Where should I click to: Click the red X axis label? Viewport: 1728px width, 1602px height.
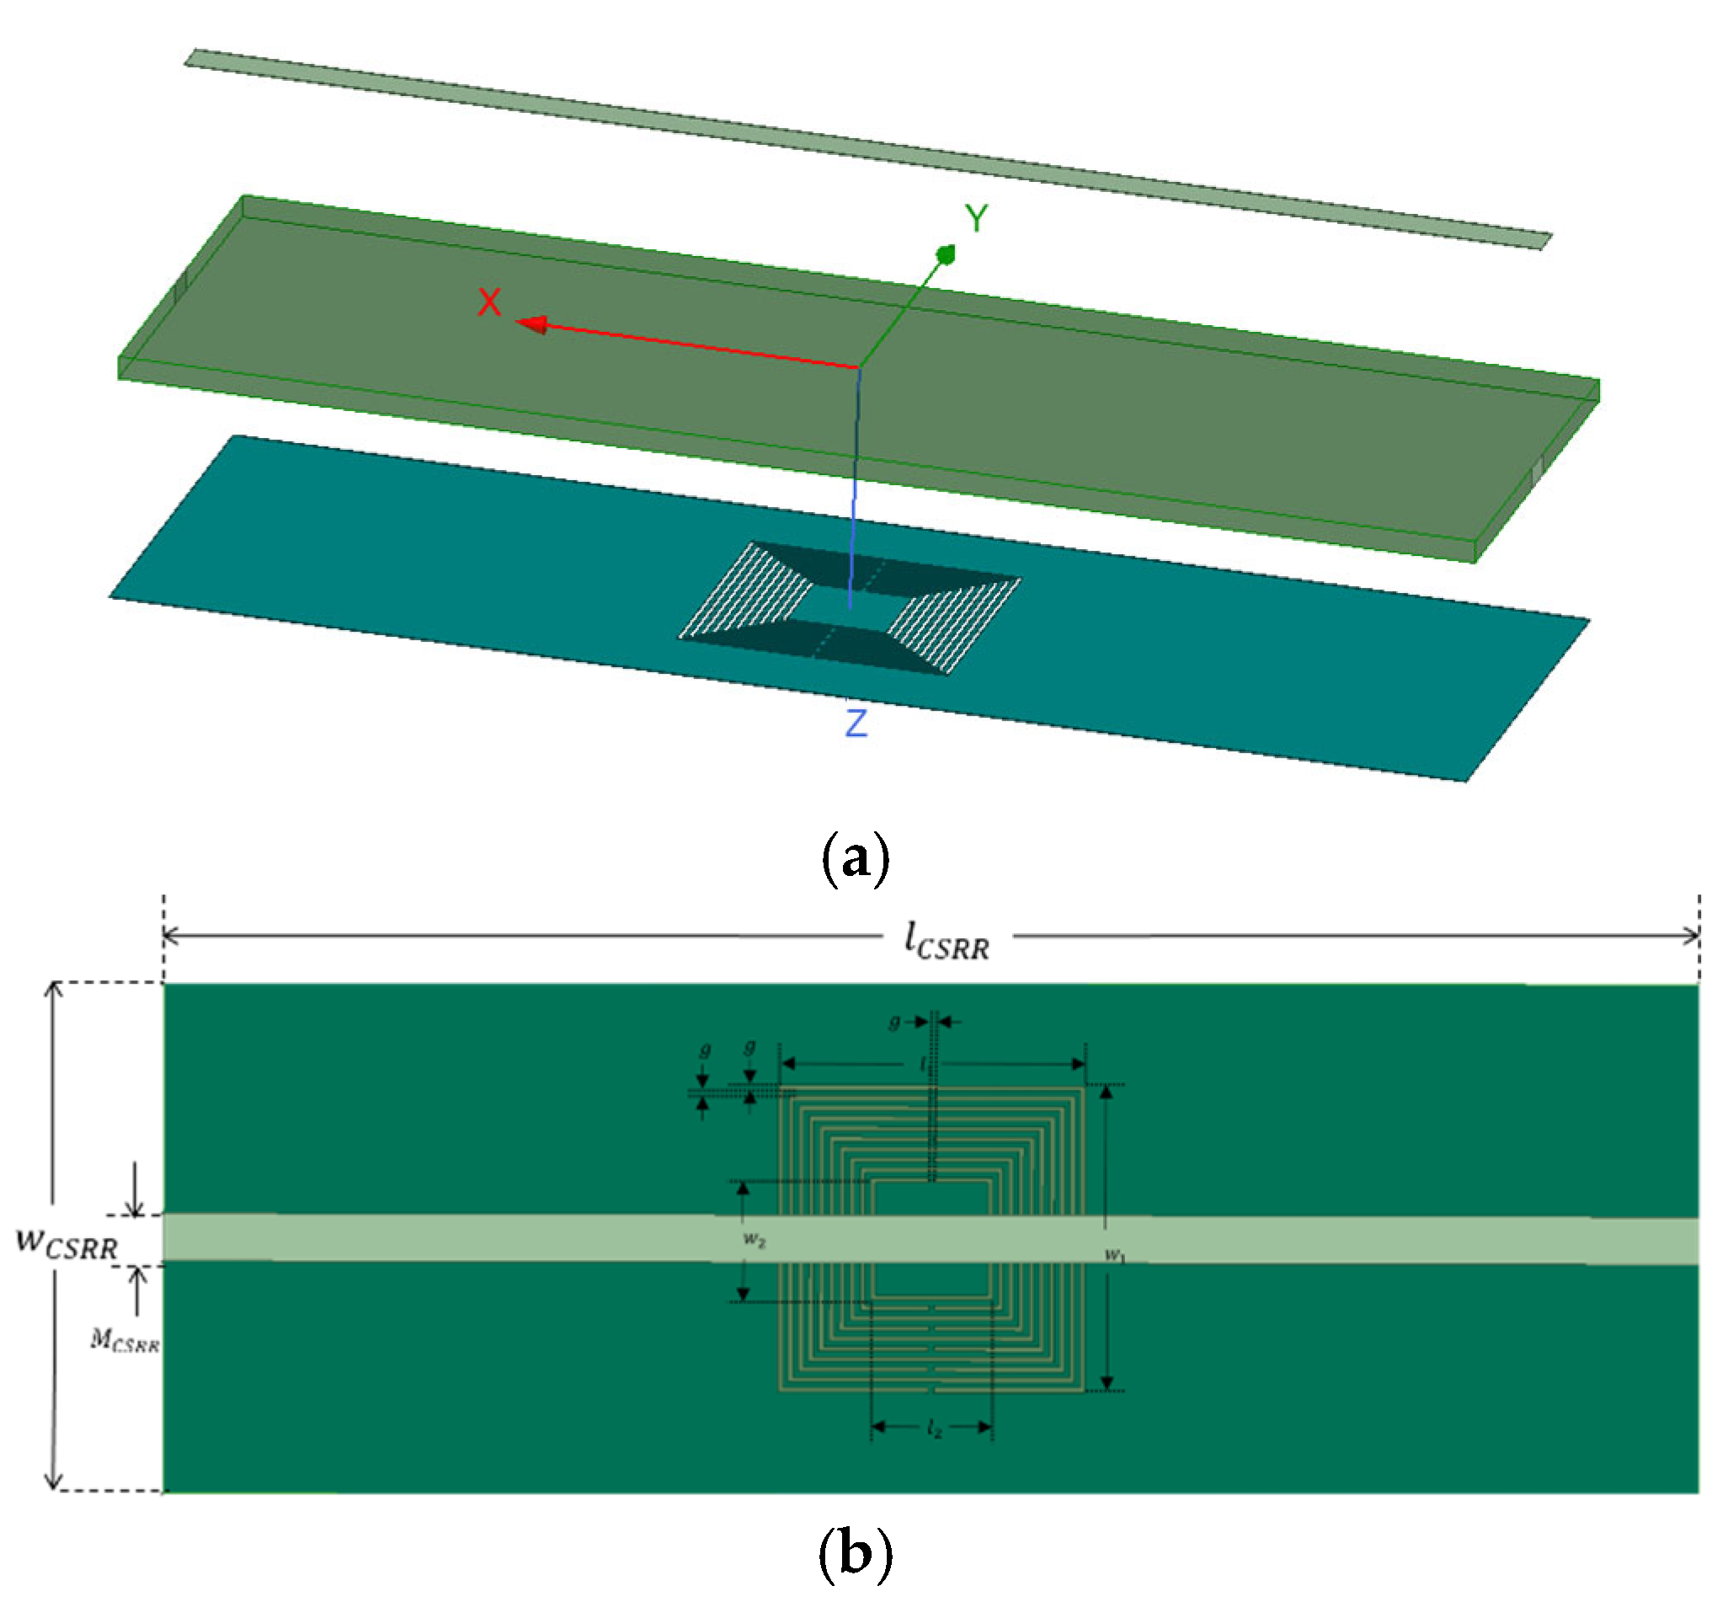488,302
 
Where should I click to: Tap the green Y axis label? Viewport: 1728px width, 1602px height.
976,218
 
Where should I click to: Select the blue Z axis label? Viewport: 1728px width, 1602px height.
856,722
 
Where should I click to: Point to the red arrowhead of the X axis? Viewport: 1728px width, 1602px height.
531,324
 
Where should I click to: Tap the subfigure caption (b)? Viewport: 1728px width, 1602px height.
855,1551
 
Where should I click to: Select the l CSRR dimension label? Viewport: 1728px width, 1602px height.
947,942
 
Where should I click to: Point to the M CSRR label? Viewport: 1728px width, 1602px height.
125,1340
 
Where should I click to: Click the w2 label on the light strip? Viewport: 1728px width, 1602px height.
754,1240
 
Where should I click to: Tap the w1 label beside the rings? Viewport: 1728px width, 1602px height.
1114,1254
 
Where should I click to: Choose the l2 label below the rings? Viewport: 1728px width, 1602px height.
933,1428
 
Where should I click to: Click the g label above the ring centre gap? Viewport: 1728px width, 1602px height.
893,1023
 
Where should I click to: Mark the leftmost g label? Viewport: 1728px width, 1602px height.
706,1050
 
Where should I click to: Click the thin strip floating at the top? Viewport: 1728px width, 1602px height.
867,147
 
